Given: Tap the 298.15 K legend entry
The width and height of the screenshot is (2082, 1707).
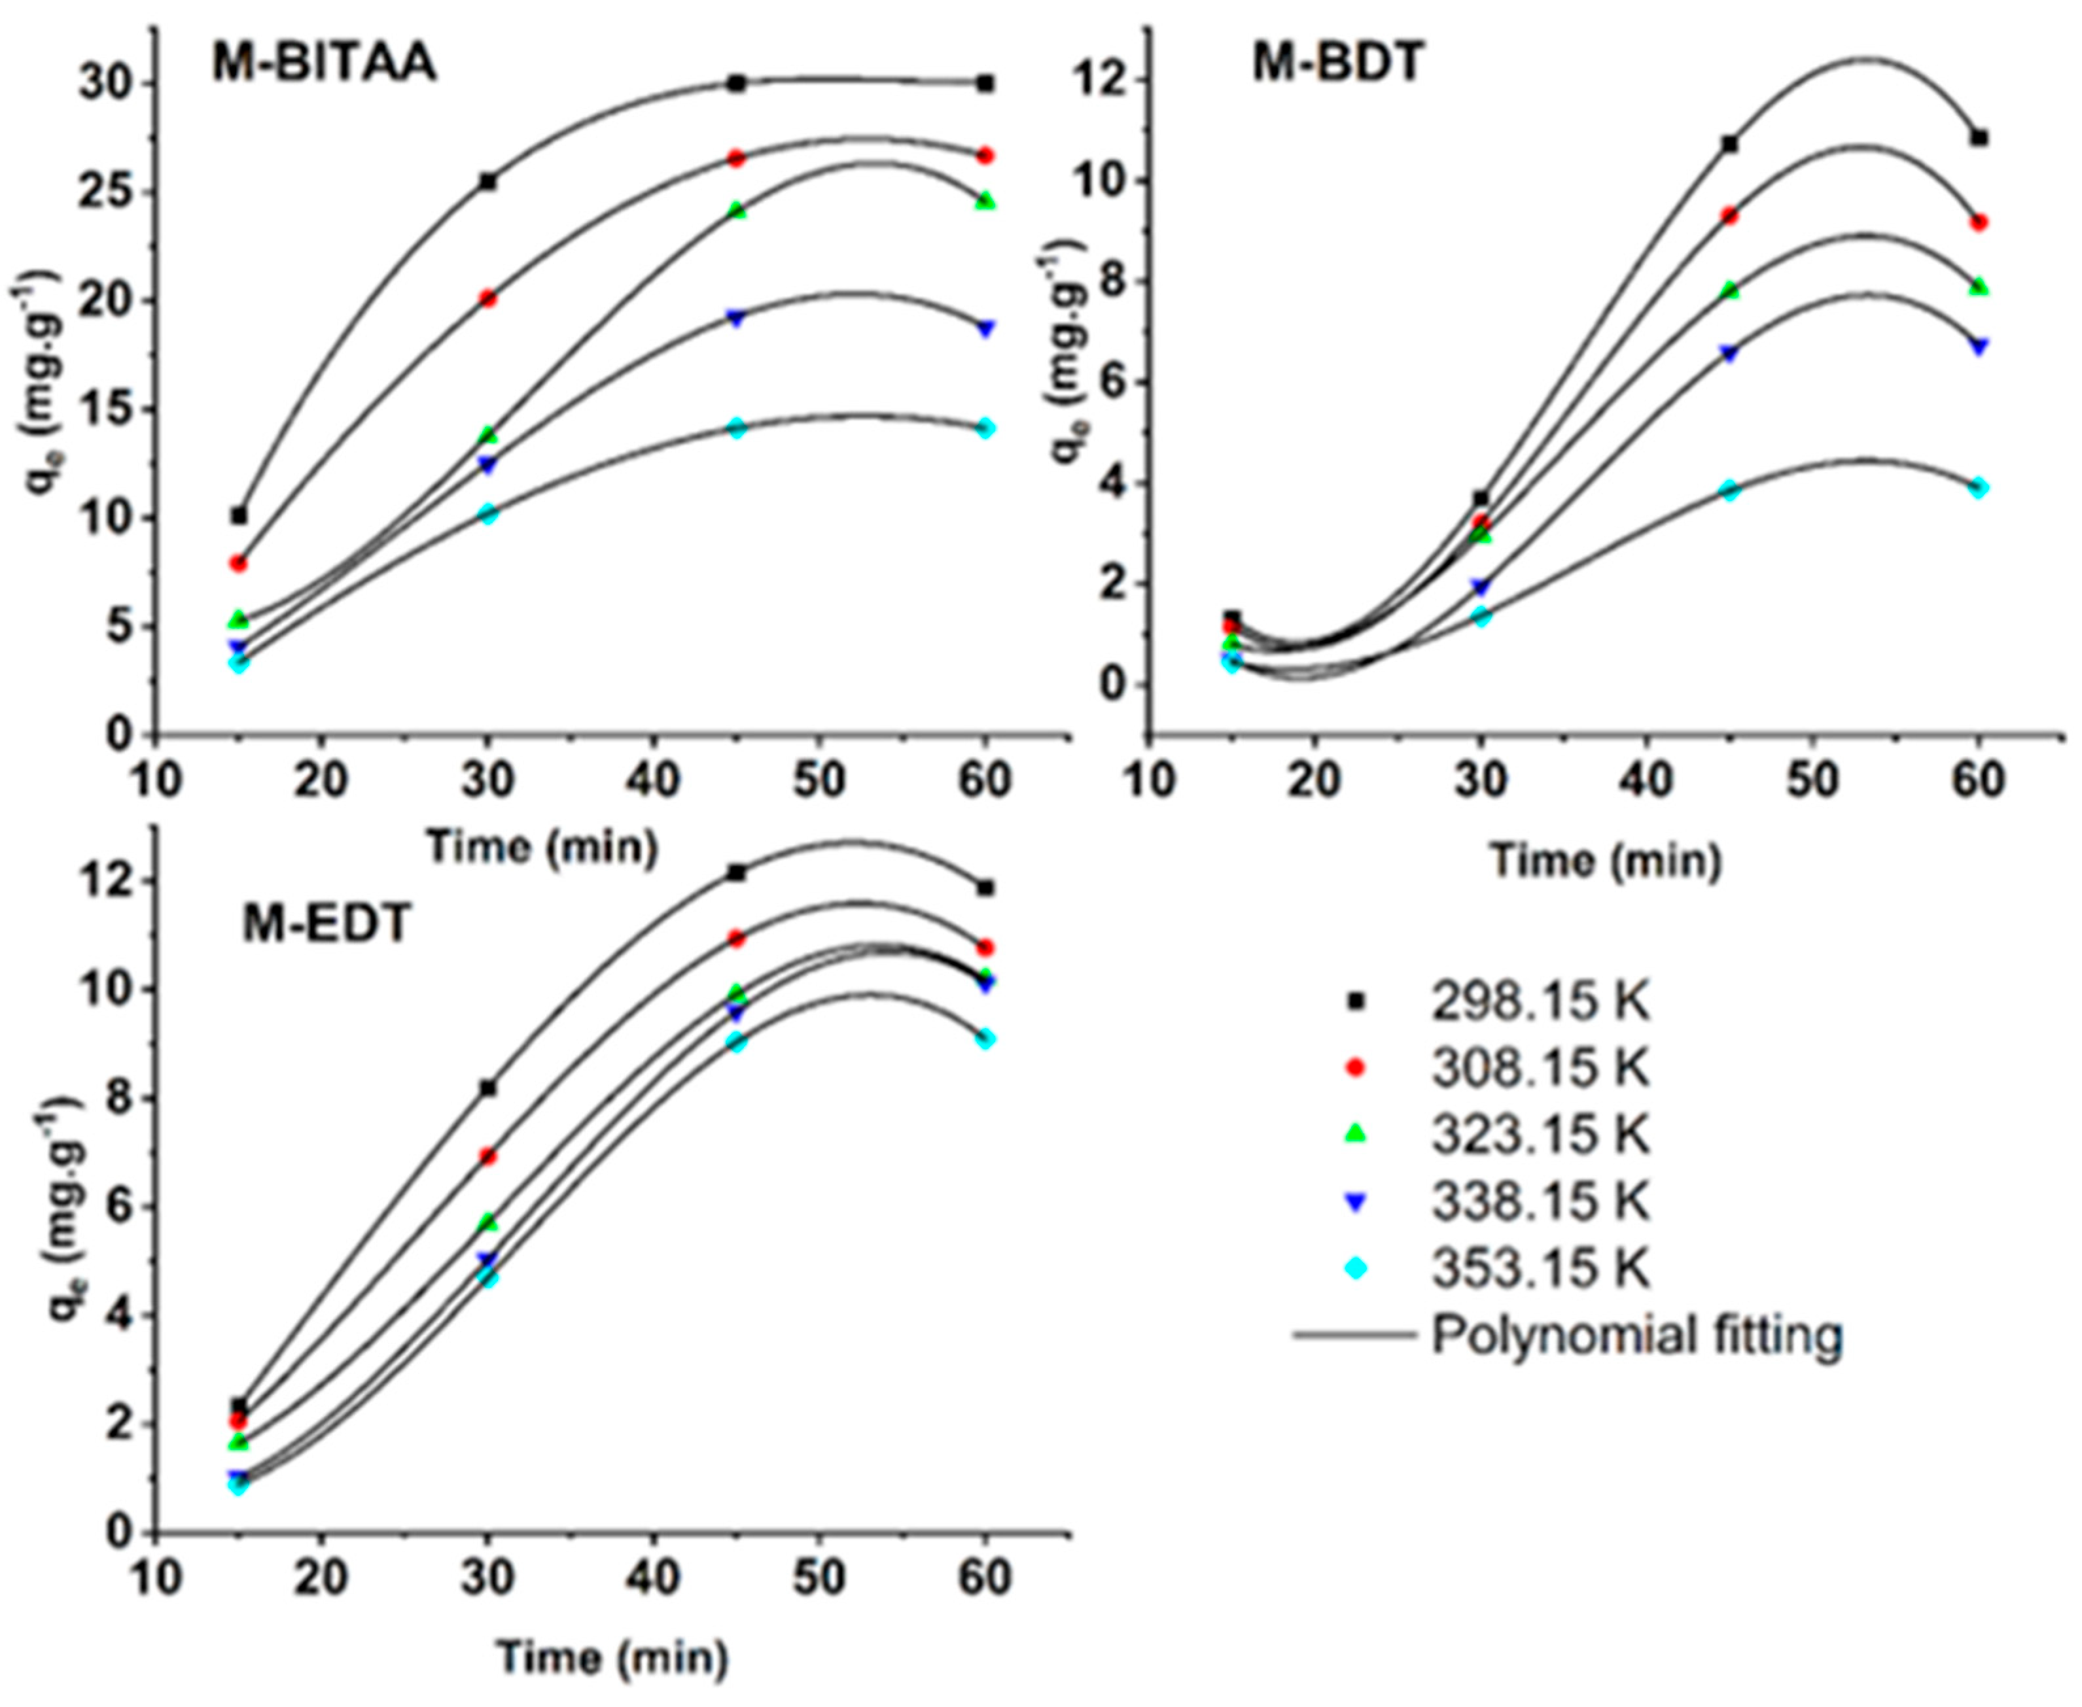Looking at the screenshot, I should pos(1539,1002).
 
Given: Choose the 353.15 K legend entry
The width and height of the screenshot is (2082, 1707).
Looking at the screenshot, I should pos(1539,1268).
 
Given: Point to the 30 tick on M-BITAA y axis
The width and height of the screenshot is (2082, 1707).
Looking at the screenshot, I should pos(109,84).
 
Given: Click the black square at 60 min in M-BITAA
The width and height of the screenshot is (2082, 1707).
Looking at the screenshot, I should pos(985,84).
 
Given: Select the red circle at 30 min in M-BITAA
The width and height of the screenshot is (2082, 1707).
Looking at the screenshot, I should pos(488,298).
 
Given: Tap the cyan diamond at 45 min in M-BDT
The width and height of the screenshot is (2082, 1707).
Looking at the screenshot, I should pos(1730,491).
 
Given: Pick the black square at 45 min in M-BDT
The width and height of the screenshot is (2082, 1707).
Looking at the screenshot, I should pos(1730,145).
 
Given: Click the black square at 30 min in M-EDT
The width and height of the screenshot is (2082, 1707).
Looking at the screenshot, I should pos(488,1088).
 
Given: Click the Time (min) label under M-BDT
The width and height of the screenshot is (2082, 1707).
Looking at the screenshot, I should pos(1607,861).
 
